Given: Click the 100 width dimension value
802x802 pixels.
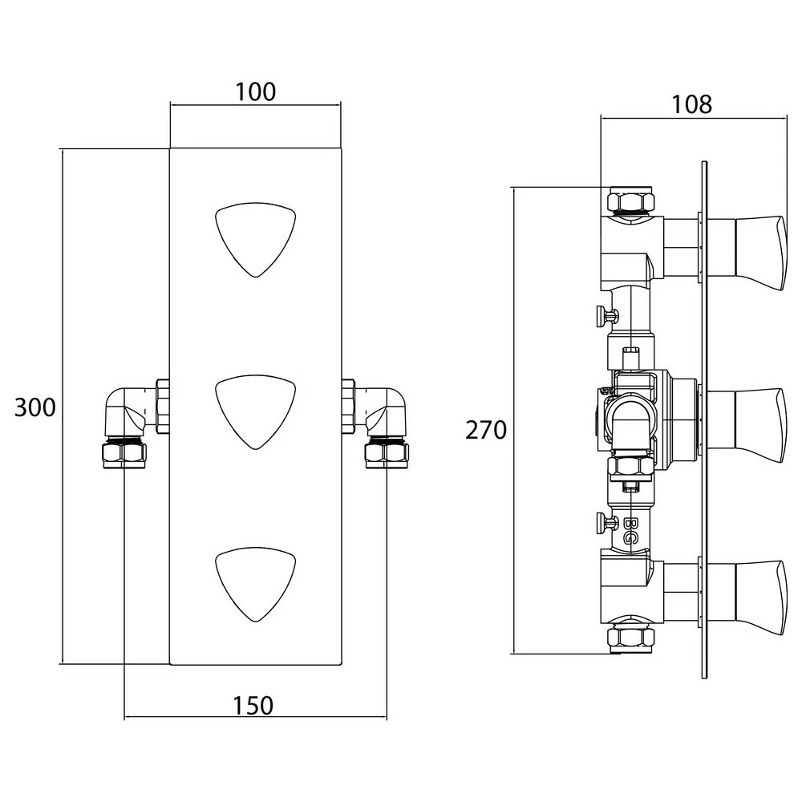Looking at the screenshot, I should pyautogui.click(x=256, y=92).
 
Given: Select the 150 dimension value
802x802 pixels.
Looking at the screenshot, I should pyautogui.click(x=253, y=706).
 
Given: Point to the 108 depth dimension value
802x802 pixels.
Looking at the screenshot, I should pyautogui.click(x=691, y=104).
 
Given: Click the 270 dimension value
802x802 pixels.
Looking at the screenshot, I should pyautogui.click(x=486, y=431).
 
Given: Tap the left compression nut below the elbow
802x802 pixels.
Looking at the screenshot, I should pyautogui.click(x=124, y=454).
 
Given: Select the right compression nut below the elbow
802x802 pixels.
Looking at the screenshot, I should pyautogui.click(x=387, y=454).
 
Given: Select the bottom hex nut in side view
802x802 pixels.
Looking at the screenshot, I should pyautogui.click(x=630, y=638).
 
